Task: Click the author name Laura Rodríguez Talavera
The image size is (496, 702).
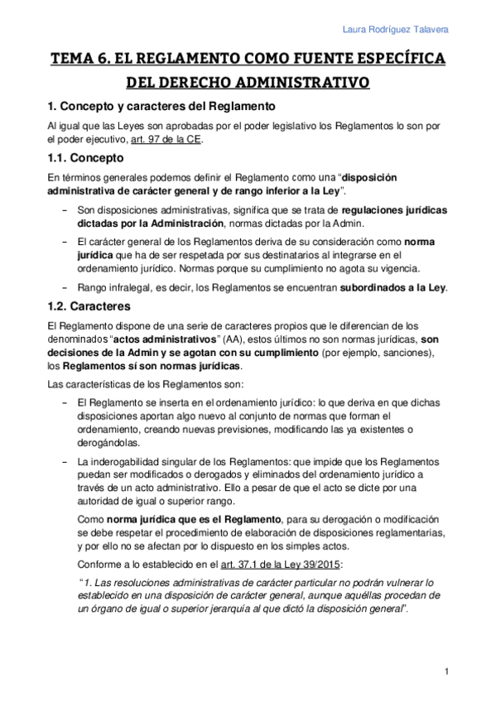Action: pos(396,30)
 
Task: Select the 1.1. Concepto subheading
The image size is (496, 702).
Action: pos(85,157)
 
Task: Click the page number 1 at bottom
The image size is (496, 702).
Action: pos(446,671)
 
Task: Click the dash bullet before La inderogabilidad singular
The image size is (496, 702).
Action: pos(65,461)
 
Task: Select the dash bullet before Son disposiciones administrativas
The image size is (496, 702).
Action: pos(65,210)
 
